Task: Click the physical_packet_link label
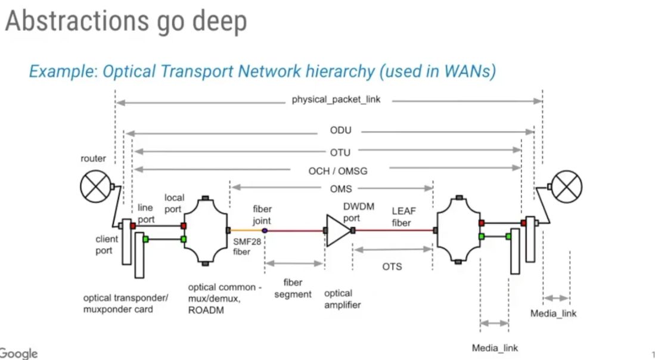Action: click(x=336, y=100)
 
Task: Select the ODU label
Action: click(x=340, y=131)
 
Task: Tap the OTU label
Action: click(x=340, y=153)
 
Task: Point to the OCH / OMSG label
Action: click(x=337, y=171)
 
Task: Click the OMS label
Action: click(x=342, y=189)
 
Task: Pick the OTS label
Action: click(x=392, y=266)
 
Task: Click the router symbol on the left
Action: click(x=96, y=185)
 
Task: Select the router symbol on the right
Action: click(x=566, y=185)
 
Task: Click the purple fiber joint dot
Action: click(x=265, y=230)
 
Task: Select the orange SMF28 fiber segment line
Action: click(x=246, y=230)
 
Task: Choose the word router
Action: click(x=94, y=159)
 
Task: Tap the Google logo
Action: click(x=18, y=353)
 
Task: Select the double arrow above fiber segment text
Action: click(x=294, y=263)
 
